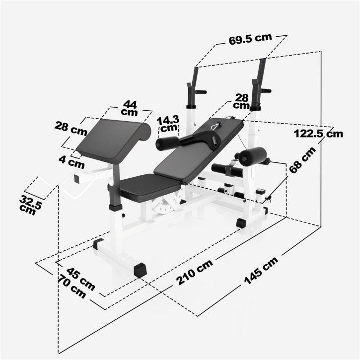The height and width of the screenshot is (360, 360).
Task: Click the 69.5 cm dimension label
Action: pos(250,40)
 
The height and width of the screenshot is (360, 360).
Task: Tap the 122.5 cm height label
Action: pos(318,133)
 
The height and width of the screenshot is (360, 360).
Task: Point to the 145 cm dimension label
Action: pos(261,272)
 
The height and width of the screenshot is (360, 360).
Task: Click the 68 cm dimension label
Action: pos(302,160)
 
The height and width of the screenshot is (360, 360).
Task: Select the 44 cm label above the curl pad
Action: pos(130,108)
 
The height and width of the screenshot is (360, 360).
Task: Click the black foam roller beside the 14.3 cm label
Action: pos(167,144)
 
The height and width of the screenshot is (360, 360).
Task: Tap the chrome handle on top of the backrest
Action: pos(214,126)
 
